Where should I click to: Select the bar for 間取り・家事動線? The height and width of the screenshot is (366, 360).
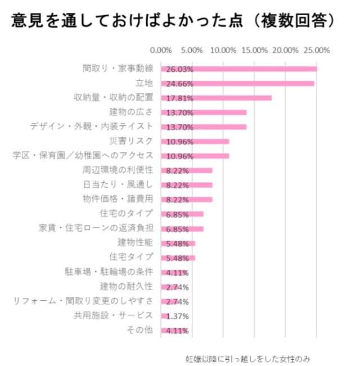tap(239, 69)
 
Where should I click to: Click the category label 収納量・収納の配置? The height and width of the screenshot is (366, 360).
tap(114, 97)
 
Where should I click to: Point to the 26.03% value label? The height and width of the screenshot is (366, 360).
tap(179, 69)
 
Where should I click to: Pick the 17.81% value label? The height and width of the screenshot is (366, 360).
tap(179, 98)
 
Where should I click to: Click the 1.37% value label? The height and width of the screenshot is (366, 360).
tap(177, 316)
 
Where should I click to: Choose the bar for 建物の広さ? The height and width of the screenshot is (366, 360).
tap(204, 112)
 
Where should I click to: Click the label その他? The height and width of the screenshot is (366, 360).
tap(141, 330)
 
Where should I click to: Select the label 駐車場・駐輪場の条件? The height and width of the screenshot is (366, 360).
tap(109, 272)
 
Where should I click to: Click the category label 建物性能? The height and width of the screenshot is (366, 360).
tap(136, 242)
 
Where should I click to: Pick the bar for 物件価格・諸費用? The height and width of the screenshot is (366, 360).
tap(187, 199)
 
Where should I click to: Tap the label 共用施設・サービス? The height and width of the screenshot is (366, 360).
tap(114, 315)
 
